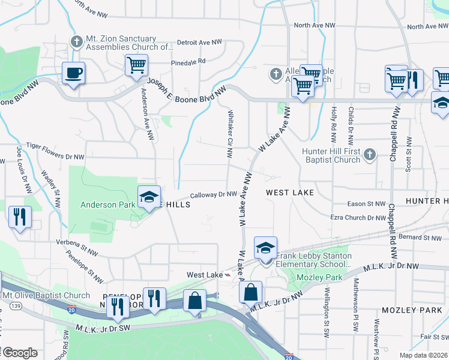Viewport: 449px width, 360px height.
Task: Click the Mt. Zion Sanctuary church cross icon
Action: [76, 42]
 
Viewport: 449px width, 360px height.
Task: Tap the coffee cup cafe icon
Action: [73, 73]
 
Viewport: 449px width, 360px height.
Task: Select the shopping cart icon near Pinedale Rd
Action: [136, 64]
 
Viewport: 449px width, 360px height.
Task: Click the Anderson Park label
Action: [108, 205]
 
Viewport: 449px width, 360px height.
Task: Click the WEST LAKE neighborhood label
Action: [290, 193]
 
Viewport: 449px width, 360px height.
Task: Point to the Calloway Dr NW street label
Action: [214, 194]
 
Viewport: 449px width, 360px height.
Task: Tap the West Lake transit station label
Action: [203, 275]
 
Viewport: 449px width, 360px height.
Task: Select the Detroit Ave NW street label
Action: [199, 43]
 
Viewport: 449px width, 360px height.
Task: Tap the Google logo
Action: [20, 353]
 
